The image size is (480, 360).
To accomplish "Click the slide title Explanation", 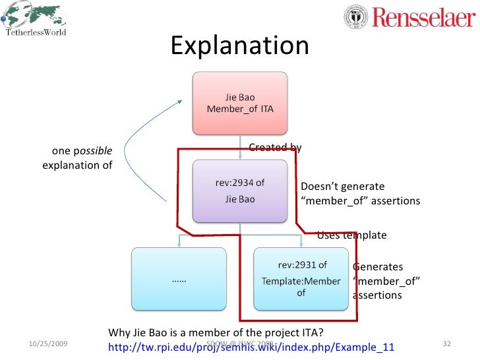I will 239,46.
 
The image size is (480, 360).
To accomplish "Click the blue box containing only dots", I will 178,279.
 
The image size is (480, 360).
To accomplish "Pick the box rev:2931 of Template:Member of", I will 301,279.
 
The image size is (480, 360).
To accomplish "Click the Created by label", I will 275,148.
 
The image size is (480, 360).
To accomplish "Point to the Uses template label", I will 351,235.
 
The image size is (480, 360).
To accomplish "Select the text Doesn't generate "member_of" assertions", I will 359,194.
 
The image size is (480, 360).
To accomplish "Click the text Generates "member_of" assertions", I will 387,281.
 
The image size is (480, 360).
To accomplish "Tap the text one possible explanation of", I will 78,158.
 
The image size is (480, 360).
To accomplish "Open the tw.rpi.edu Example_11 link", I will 251,347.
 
